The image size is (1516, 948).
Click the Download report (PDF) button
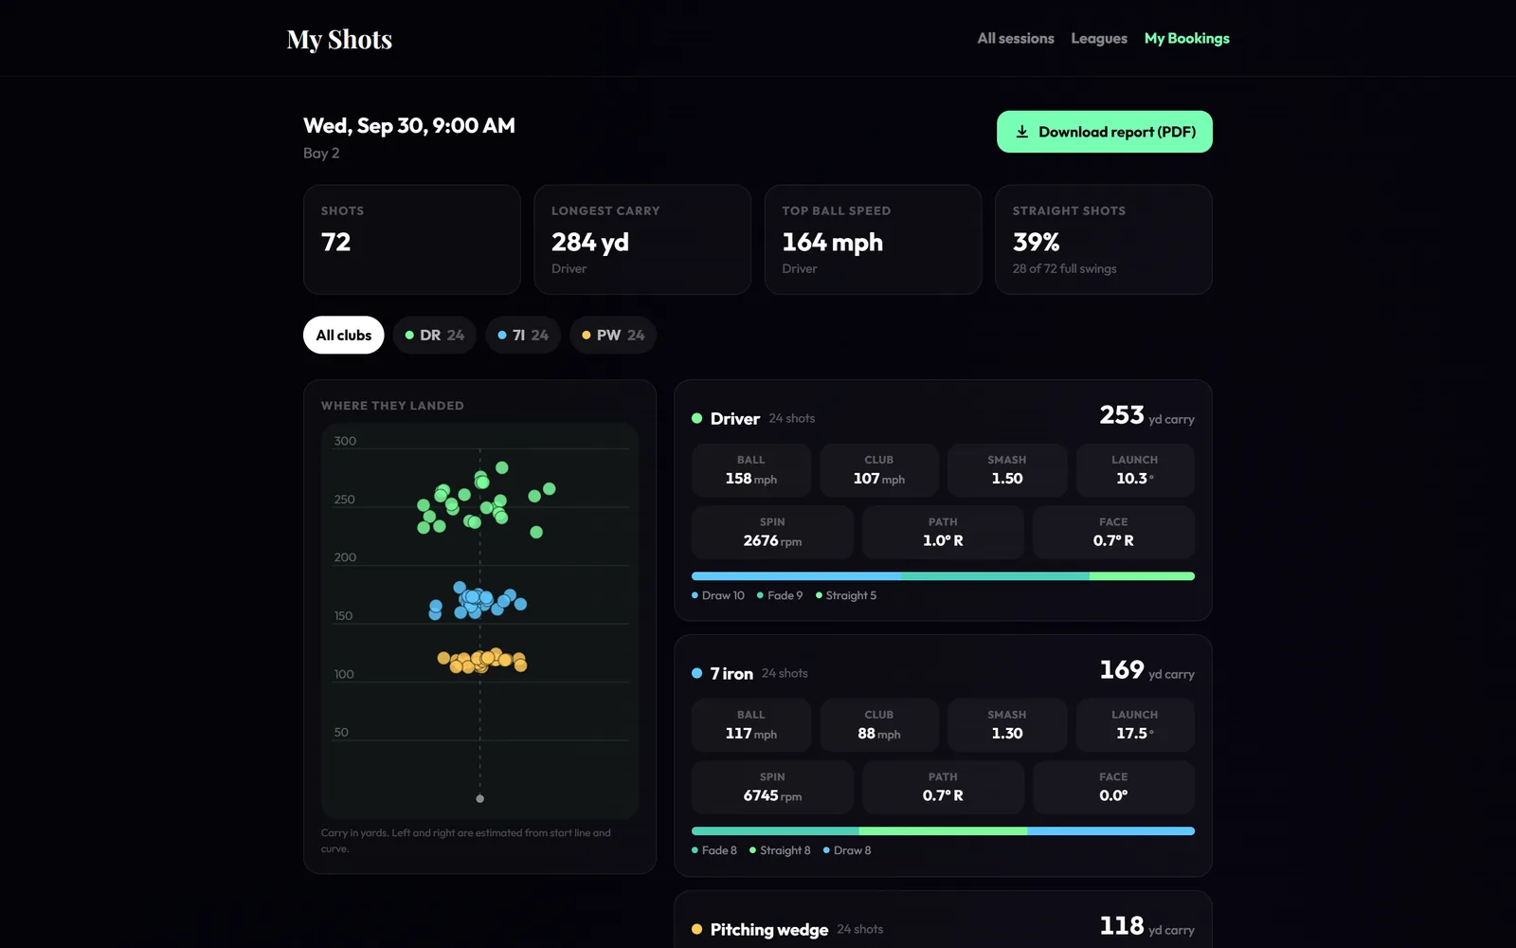1105,132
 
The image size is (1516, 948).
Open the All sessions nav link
1015,39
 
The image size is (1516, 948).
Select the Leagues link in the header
1099,39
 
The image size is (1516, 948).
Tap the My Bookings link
1186,39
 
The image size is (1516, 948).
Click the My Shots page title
339,39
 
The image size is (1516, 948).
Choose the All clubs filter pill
343,336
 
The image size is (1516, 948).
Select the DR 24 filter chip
435,336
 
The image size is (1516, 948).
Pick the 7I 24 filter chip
523,336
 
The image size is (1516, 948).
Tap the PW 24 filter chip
613,336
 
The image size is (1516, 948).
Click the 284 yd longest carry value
589,242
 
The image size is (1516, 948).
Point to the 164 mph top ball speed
832,242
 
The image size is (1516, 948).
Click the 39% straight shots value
1036,242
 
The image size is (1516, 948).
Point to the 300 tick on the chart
345,441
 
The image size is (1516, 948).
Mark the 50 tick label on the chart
341,732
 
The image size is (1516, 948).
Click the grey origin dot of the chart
479,798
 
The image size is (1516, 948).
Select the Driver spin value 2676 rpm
772,540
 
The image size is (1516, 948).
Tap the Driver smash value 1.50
1006,478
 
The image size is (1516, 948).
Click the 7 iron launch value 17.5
1134,733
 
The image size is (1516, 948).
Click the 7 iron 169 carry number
1122,669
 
